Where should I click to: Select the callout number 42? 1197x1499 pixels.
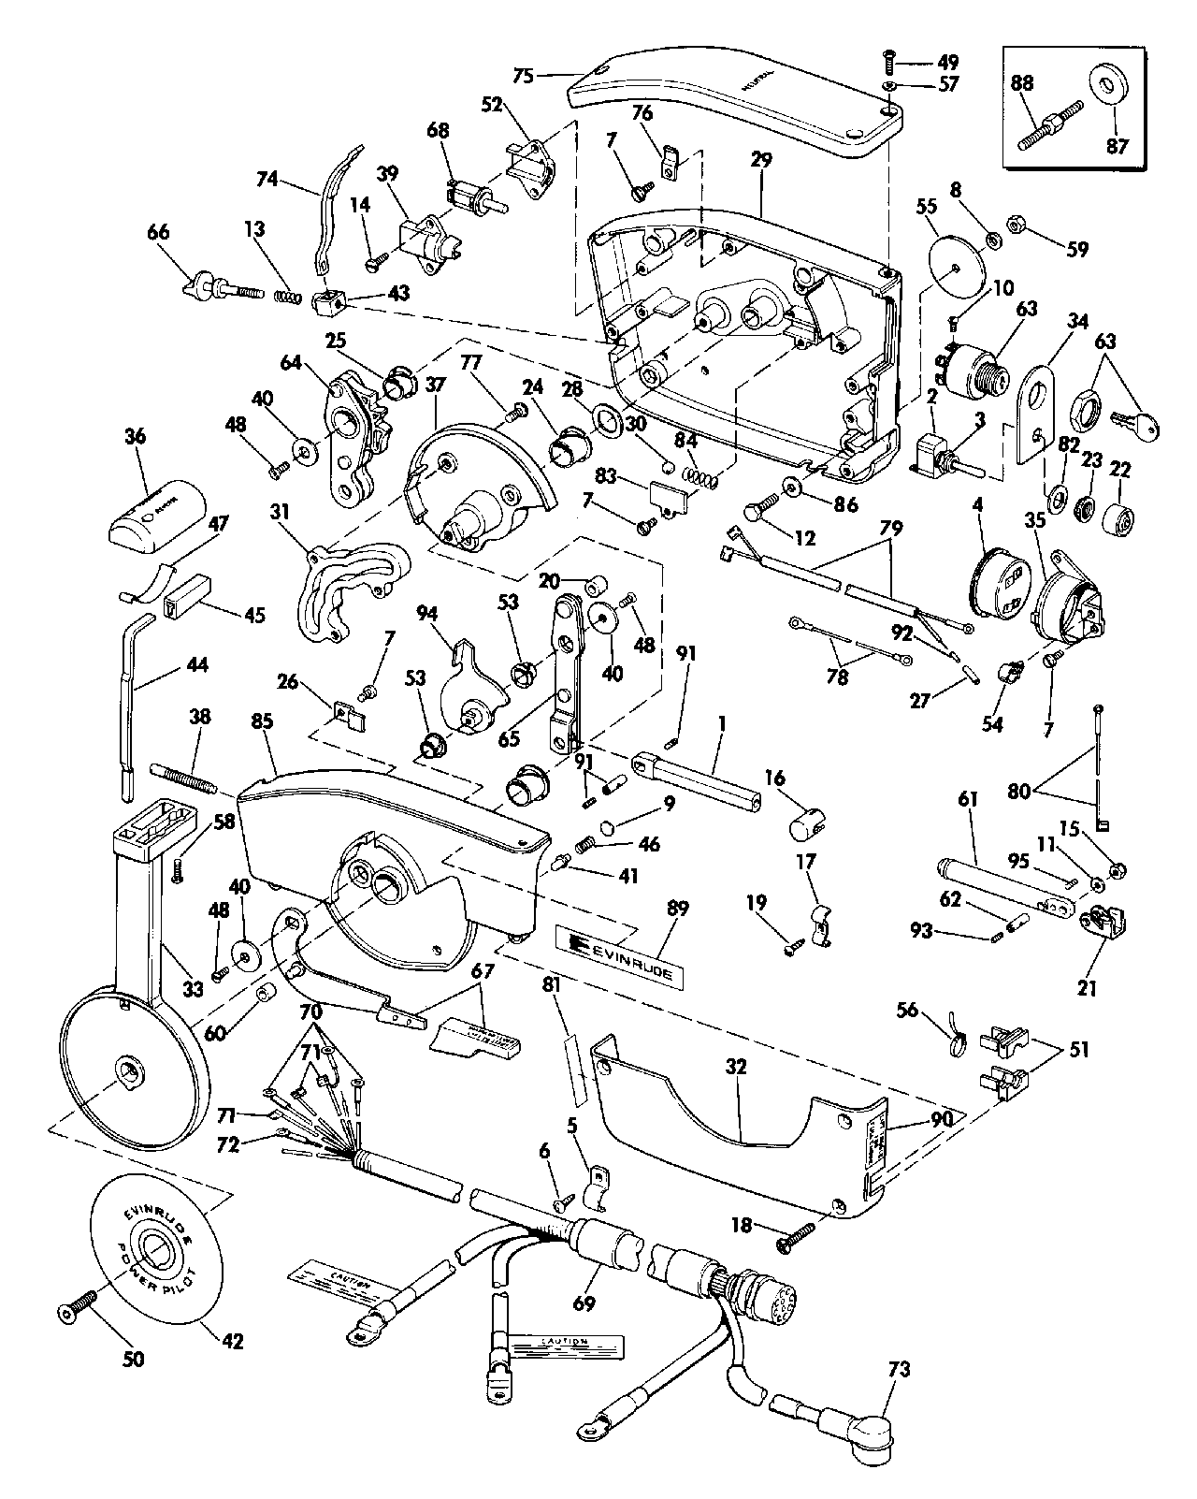232,1340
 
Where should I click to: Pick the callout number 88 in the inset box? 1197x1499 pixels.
1025,82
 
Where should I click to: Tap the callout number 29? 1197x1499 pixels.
760,160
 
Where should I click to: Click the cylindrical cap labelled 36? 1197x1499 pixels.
164,513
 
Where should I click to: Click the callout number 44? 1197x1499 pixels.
196,665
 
